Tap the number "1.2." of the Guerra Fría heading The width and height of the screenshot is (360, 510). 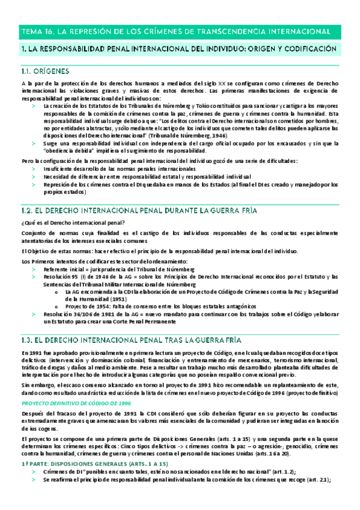point(28,210)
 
